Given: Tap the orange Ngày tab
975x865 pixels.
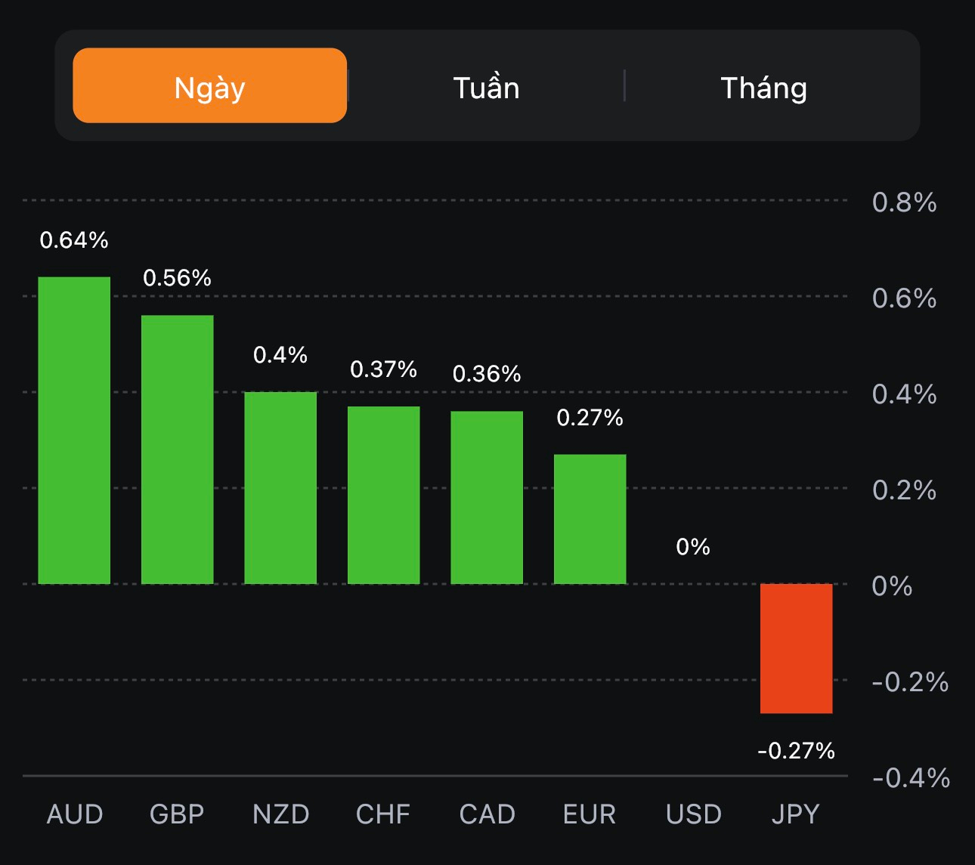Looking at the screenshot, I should click(x=209, y=86).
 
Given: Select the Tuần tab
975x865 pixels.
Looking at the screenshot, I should click(x=486, y=88).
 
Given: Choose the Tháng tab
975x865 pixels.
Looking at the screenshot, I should click(x=763, y=88).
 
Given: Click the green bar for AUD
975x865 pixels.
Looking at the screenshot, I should click(x=74, y=431).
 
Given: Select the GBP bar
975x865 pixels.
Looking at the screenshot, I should click(x=178, y=449).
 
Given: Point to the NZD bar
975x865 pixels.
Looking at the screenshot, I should click(x=280, y=488).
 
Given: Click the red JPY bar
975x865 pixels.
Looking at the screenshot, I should click(x=796, y=648).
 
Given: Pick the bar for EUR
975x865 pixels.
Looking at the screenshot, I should click(x=590, y=519).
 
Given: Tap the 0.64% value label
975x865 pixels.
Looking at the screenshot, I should click(x=74, y=240).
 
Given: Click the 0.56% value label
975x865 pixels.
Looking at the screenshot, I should click(x=178, y=278).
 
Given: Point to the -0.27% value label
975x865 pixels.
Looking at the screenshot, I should click(x=796, y=750).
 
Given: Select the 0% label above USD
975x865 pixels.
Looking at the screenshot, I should click(x=693, y=546).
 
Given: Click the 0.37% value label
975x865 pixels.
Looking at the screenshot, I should click(x=383, y=369).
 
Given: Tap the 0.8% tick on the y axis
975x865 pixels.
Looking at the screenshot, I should click(x=904, y=202).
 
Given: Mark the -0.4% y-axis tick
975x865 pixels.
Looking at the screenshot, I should click(x=911, y=777).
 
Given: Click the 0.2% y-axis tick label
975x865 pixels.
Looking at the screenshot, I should click(x=904, y=490).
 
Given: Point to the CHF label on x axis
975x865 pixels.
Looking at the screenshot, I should click(x=383, y=814).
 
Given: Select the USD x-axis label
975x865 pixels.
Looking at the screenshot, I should click(x=693, y=814).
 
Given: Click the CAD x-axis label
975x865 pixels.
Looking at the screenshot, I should click(x=487, y=814).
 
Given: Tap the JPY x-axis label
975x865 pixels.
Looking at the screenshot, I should click(x=795, y=814).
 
